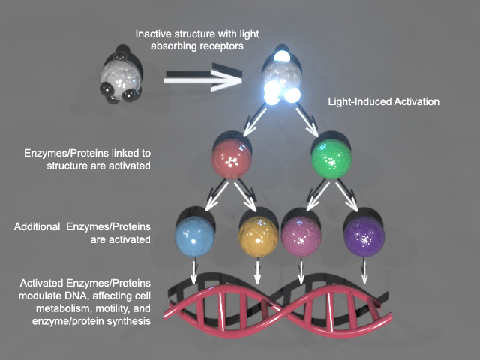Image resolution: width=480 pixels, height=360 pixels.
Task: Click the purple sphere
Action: [x=363, y=235]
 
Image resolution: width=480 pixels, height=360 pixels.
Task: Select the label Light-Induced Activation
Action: [x=383, y=100]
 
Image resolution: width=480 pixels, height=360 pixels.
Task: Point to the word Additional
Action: [x=43, y=227]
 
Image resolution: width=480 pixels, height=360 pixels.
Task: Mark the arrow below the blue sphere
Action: [x=194, y=273]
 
